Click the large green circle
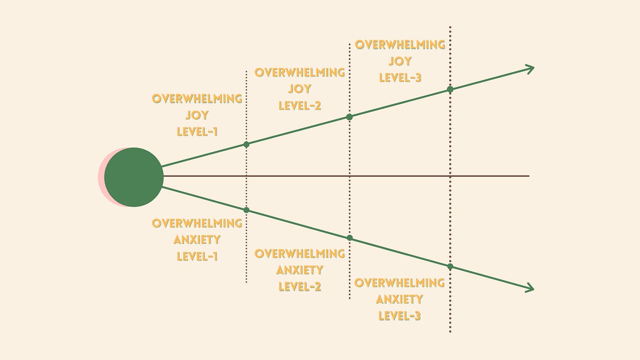pos(134,177)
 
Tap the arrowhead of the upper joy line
pos(531,69)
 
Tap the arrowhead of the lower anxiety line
pos(531,288)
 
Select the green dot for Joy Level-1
pos(246,144)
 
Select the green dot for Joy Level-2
pos(349,117)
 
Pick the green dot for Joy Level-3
pos(450,89)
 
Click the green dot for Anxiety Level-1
pos(246,210)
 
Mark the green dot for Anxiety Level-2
pos(350,238)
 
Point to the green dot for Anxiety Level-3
pos(450,266)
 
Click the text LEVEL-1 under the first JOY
pos(197,131)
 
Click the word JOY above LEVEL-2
pos(300,89)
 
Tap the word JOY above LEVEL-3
pos(400,61)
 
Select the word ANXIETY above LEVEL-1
pos(197,240)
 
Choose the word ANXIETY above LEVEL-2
pos(300,270)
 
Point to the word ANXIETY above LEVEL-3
pos(400,299)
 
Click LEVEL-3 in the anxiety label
pos(400,316)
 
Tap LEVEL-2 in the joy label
pos(300,105)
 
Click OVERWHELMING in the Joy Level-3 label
pos(400,45)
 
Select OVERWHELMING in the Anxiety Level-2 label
pos(300,254)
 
